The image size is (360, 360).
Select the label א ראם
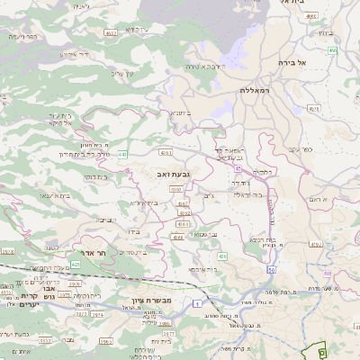[x=318, y=198]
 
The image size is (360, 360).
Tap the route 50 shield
[x=271, y=269]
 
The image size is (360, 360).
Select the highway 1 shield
[x=196, y=305]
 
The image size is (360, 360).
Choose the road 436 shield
[x=221, y=257]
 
